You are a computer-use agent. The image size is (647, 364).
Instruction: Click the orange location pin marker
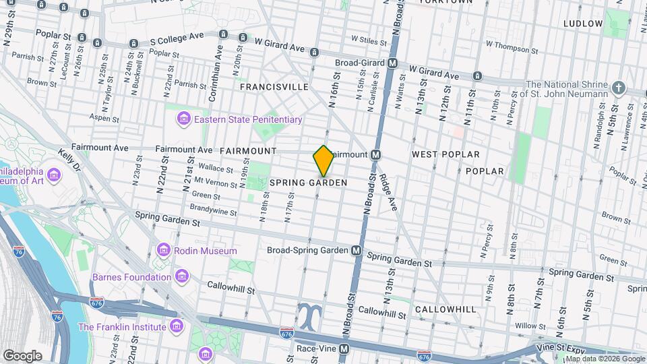[323, 161]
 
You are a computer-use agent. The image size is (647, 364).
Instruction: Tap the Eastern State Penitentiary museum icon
[183, 119]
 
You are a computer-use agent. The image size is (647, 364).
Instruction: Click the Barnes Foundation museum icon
[181, 276]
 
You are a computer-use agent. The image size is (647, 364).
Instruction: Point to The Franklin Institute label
[122, 327]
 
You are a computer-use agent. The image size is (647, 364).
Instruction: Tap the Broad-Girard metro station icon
[392, 63]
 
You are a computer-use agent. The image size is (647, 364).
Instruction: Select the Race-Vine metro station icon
[344, 349]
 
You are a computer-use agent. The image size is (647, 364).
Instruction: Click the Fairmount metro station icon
[377, 154]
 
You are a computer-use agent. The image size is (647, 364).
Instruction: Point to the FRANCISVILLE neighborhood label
[274, 87]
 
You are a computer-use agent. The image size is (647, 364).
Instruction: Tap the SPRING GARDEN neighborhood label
[308, 183]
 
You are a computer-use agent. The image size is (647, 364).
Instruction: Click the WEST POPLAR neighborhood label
[445, 154]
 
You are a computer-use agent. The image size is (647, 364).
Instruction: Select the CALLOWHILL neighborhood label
[445, 309]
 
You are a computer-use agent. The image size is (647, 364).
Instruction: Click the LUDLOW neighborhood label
[583, 24]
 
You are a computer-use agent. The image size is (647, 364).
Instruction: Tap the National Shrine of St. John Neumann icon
[619, 89]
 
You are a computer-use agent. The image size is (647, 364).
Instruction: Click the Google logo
[22, 355]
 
